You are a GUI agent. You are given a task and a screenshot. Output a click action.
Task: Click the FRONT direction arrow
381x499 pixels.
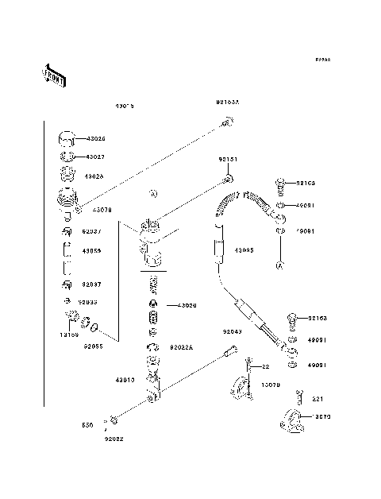tap(52, 75)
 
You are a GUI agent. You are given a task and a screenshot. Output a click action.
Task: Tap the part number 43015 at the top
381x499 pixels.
tap(125, 105)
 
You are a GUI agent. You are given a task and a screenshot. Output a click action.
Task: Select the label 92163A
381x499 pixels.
tap(228, 103)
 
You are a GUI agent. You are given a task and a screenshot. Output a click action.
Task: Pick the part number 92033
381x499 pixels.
tap(88, 302)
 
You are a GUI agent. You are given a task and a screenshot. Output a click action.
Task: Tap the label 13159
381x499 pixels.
tap(70, 335)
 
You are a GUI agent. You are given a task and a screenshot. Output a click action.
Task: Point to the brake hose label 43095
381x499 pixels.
tap(244, 249)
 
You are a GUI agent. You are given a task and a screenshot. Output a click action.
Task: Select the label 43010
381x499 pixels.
tap(126, 380)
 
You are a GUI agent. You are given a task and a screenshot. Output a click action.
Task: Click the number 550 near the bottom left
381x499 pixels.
tap(88, 425)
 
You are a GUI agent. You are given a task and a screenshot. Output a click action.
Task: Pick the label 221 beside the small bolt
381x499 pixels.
tap(316, 399)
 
